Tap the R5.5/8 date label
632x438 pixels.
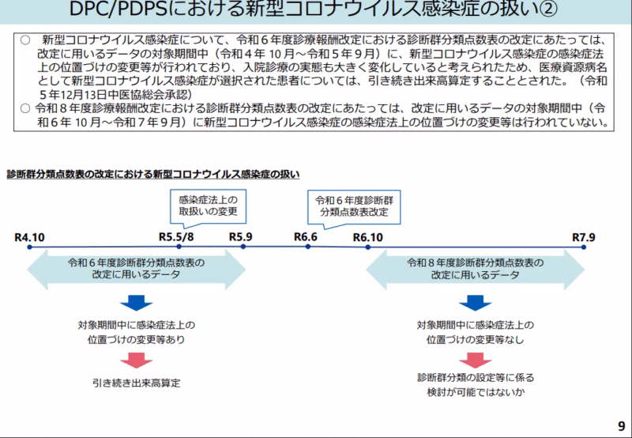(177, 236)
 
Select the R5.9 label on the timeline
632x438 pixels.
(242, 236)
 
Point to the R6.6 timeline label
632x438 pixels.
(306, 236)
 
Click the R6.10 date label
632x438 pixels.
(368, 236)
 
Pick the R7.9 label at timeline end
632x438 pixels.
(584, 236)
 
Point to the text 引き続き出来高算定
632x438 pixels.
(136, 383)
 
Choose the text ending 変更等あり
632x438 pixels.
(136, 332)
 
